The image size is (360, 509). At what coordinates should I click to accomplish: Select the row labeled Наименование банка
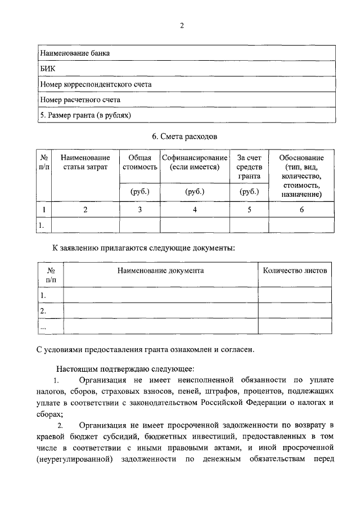click(74, 53)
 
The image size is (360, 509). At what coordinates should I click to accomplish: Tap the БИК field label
click(48, 69)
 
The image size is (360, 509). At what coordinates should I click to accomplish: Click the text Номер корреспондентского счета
click(96, 84)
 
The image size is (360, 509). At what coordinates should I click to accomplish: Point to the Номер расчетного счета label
click(80, 100)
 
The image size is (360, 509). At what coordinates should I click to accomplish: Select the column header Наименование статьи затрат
click(85, 163)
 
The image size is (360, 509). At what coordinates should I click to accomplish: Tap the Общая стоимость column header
click(139, 163)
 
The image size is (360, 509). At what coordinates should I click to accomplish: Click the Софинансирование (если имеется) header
click(195, 163)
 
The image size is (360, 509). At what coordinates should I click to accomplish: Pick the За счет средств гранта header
click(249, 167)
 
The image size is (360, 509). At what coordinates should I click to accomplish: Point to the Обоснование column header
click(301, 158)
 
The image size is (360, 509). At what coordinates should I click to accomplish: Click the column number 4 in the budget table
click(195, 210)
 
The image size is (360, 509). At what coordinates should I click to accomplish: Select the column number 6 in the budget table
click(301, 210)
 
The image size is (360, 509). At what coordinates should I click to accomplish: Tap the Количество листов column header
click(294, 270)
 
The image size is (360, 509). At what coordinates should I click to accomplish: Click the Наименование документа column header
click(160, 270)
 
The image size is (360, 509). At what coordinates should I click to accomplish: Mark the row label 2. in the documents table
click(43, 310)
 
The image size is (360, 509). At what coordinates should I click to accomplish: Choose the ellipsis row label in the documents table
click(43, 326)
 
